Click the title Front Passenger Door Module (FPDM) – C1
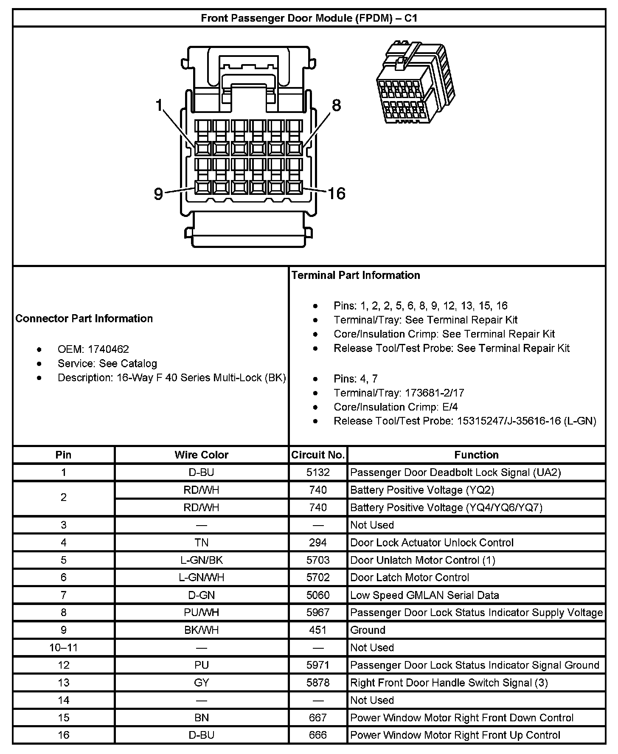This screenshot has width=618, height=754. click(309, 18)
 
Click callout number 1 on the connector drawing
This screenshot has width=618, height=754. click(159, 105)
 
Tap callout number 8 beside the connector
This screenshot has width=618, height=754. click(336, 105)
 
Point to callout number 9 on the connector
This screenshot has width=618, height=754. click(158, 194)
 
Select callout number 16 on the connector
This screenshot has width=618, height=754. click(337, 194)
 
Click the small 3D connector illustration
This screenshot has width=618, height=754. click(415, 82)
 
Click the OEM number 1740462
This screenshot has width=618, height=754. click(108, 349)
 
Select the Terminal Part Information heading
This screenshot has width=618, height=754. click(356, 275)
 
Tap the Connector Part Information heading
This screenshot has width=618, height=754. click(84, 318)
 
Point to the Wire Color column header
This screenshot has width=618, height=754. click(201, 455)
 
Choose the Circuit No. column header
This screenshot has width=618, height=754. click(317, 455)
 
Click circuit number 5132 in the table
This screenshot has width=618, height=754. click(317, 472)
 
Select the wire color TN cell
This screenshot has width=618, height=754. click(201, 542)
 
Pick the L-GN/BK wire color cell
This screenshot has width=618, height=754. click(201, 560)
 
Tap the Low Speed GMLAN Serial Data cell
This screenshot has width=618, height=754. click(424, 595)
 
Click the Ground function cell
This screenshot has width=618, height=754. click(368, 630)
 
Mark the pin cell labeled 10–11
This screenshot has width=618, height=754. click(63, 647)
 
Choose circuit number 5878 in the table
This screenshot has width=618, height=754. click(317, 682)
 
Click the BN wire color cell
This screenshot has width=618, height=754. click(201, 717)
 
